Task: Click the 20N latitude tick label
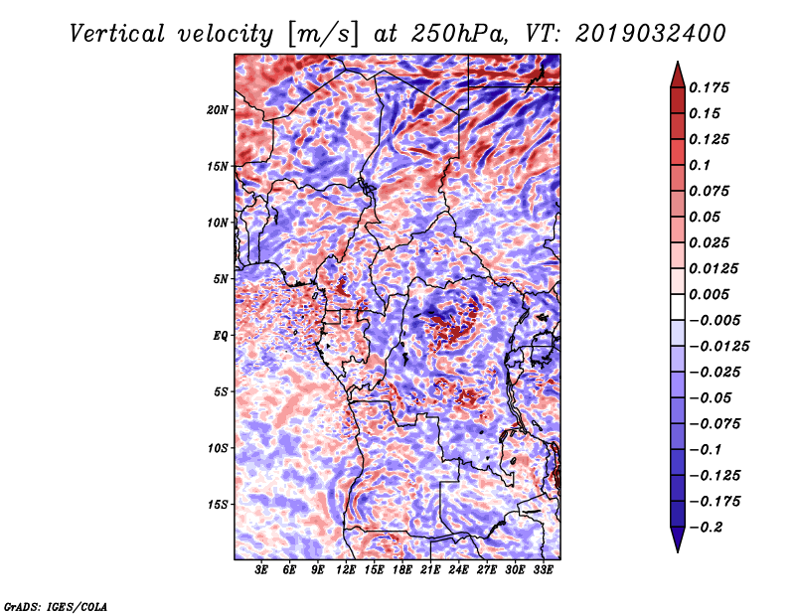[218, 109]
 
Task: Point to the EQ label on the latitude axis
[221, 336]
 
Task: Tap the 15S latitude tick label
[218, 505]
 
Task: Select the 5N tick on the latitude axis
[221, 279]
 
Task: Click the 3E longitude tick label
[262, 571]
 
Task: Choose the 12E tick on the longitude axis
[347, 571]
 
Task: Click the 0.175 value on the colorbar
[712, 88]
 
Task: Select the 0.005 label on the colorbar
[712, 295]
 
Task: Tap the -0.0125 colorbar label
[721, 347]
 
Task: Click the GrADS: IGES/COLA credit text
[55, 605]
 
